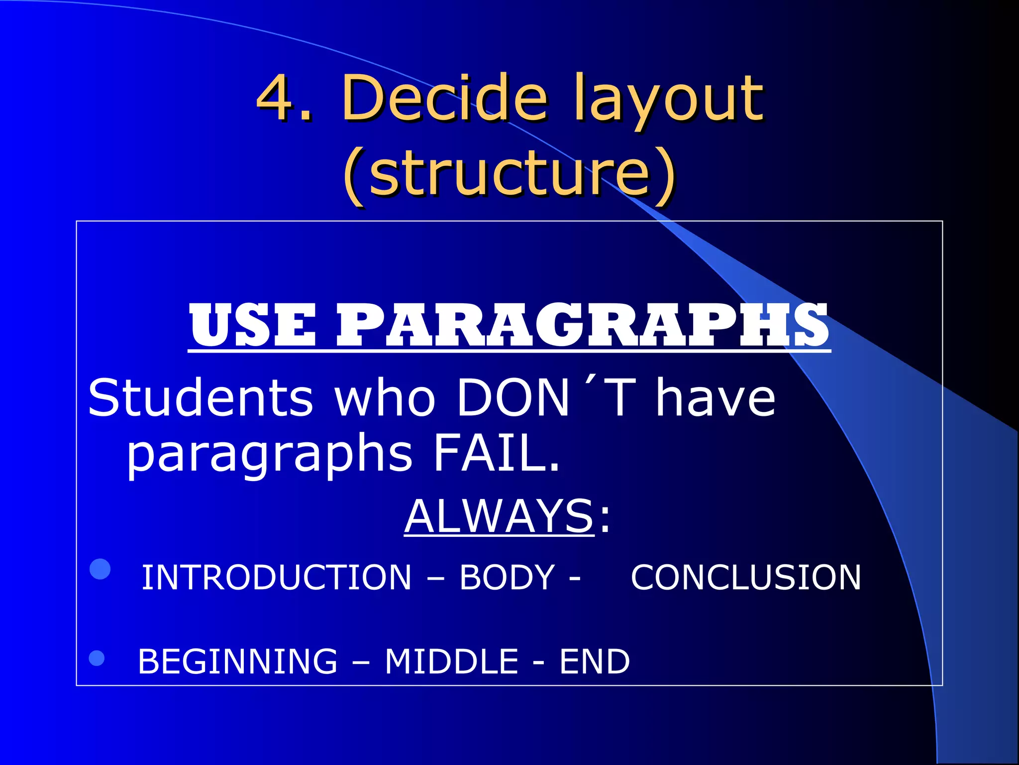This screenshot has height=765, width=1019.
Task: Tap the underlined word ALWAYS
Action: coord(499,516)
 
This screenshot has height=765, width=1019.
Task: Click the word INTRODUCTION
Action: coord(277,578)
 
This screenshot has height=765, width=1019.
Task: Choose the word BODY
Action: coord(507,578)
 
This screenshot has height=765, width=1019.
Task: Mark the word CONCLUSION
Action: coord(746,578)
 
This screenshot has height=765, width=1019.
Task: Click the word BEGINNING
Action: coord(237,661)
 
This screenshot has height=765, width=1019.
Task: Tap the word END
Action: coord(595,661)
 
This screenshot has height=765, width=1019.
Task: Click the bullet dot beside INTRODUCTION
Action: coord(100,569)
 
